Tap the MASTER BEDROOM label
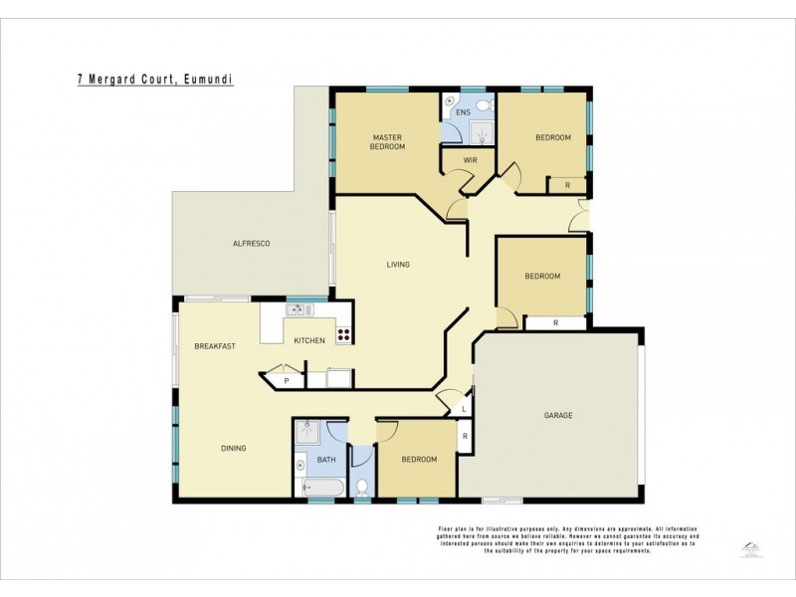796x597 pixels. [388, 141]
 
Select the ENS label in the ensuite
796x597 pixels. [463, 113]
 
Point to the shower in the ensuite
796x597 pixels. [482, 132]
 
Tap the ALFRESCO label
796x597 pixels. [252, 244]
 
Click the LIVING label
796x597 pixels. [398, 265]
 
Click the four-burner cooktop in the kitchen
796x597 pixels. [343, 335]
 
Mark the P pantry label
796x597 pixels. [287, 380]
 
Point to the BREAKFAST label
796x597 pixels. [215, 345]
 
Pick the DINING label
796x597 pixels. [233, 448]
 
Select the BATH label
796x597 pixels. [326, 460]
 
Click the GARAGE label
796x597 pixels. [558, 415]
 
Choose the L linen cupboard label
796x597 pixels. [465, 408]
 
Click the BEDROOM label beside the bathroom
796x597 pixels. [419, 459]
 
